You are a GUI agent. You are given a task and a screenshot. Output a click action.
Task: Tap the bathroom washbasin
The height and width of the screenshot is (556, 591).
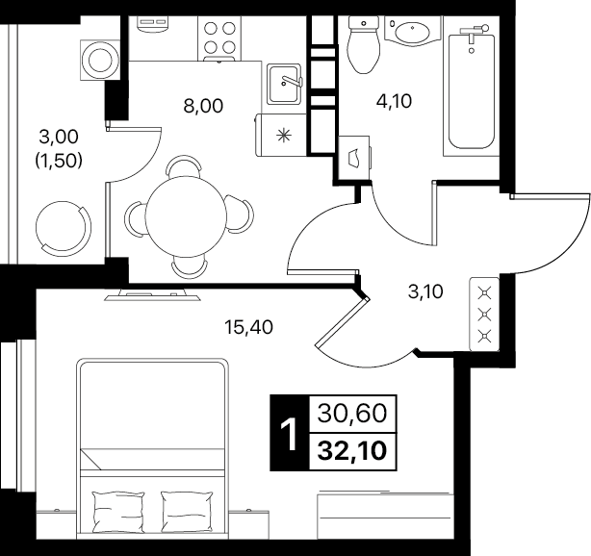tap(412, 31)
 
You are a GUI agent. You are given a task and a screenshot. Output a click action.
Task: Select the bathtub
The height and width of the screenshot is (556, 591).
tap(471, 90)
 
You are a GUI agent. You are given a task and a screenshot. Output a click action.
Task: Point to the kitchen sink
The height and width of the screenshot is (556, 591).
tap(284, 84)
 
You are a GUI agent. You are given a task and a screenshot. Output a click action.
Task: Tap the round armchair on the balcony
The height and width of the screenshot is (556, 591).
tap(64, 226)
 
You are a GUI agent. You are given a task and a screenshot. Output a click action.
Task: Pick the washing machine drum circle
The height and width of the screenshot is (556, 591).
tap(100, 61)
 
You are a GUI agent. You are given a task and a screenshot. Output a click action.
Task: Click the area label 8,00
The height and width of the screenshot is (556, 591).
tap(203, 106)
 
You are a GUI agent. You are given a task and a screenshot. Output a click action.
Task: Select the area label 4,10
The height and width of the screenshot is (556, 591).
tap(394, 101)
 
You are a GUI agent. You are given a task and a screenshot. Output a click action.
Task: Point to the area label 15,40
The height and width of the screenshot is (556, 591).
tap(248, 327)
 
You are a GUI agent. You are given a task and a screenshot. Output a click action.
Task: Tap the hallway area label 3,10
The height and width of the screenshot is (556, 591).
tap(425, 291)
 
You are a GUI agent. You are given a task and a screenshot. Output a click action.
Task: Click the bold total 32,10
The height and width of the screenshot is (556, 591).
tap(352, 451)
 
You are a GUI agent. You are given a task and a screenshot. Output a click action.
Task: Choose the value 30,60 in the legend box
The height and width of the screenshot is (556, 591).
tap(352, 414)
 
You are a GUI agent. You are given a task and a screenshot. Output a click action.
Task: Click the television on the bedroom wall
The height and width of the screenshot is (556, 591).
tap(152, 294)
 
